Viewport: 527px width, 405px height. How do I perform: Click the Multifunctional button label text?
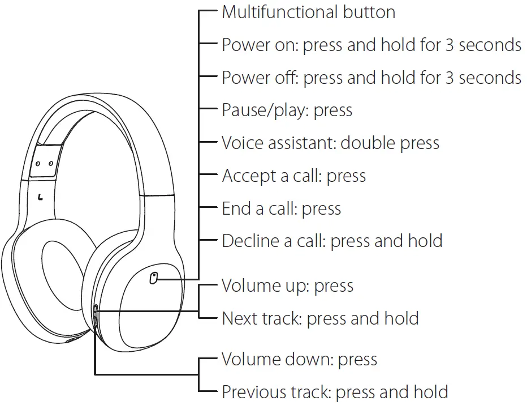[308, 12]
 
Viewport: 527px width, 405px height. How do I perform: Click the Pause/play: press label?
[287, 110]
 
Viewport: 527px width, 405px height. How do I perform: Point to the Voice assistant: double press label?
[330, 143]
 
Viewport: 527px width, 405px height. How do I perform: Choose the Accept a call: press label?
[293, 176]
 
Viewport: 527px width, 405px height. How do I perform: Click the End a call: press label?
[281, 208]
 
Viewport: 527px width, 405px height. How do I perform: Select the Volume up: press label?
[287, 285]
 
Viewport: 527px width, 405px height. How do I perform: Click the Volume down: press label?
[299, 359]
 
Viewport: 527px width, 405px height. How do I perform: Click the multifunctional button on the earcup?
[154, 277]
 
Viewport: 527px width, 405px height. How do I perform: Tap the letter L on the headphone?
[40, 198]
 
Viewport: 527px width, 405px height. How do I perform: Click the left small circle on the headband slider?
[38, 163]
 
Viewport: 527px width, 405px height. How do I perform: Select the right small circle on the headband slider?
[51, 163]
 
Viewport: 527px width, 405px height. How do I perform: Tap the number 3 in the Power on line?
[450, 45]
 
